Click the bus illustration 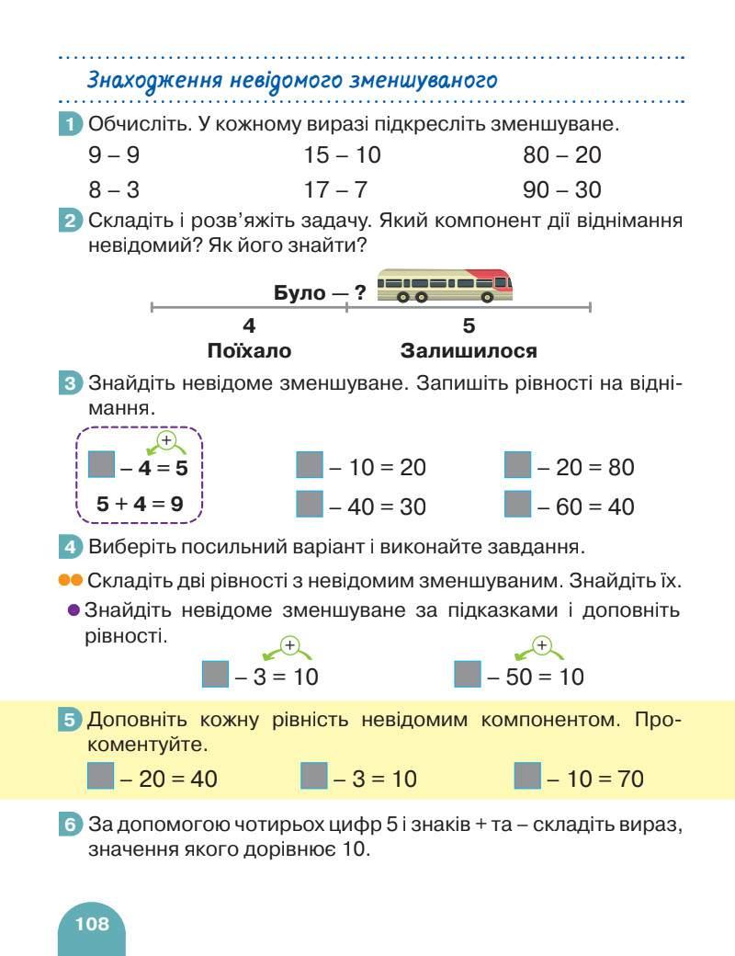click(446, 285)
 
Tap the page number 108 click(93, 924)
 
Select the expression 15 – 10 click(342, 155)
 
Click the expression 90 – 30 click(562, 190)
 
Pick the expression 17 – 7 click(335, 190)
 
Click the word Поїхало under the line click(249, 351)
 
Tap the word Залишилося click(469, 351)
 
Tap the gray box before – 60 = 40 click(519, 505)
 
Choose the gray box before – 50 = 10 click(469, 676)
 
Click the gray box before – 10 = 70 click(528, 778)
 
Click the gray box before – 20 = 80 click(519, 466)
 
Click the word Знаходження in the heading click(144, 81)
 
